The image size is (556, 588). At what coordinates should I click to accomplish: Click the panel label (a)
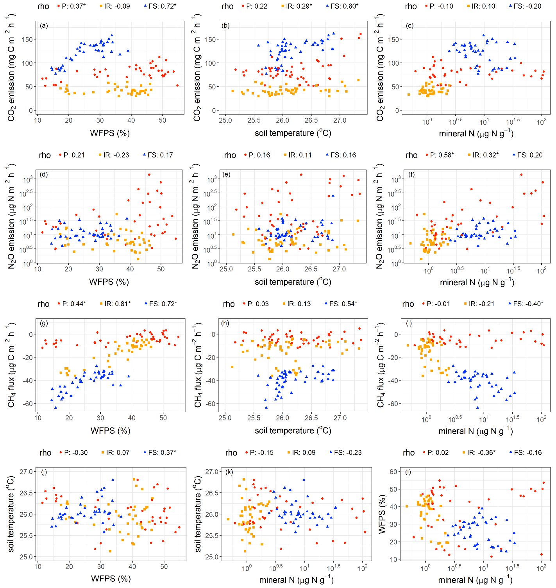(x=44, y=26)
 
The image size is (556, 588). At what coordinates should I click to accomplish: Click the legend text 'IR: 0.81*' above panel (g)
(x=118, y=304)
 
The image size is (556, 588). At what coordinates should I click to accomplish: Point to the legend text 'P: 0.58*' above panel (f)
(x=442, y=155)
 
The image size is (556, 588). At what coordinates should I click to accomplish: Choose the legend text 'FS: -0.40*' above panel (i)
(x=528, y=304)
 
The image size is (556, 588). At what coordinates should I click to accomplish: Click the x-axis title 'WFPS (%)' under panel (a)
(x=110, y=133)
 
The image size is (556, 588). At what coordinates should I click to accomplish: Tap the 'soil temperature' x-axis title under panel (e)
(x=293, y=282)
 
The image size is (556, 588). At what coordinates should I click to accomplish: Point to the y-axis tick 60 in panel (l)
(x=393, y=472)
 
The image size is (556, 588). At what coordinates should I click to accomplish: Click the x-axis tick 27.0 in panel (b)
(x=340, y=120)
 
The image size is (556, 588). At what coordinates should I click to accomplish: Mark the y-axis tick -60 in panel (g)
(x=29, y=404)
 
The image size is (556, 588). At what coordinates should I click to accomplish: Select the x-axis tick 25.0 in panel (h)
(x=225, y=418)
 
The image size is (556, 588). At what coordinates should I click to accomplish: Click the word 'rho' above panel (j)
(x=45, y=452)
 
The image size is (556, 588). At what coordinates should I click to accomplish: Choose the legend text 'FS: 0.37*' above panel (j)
(x=162, y=452)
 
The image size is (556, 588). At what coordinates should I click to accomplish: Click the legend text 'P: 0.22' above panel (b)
(x=257, y=6)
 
